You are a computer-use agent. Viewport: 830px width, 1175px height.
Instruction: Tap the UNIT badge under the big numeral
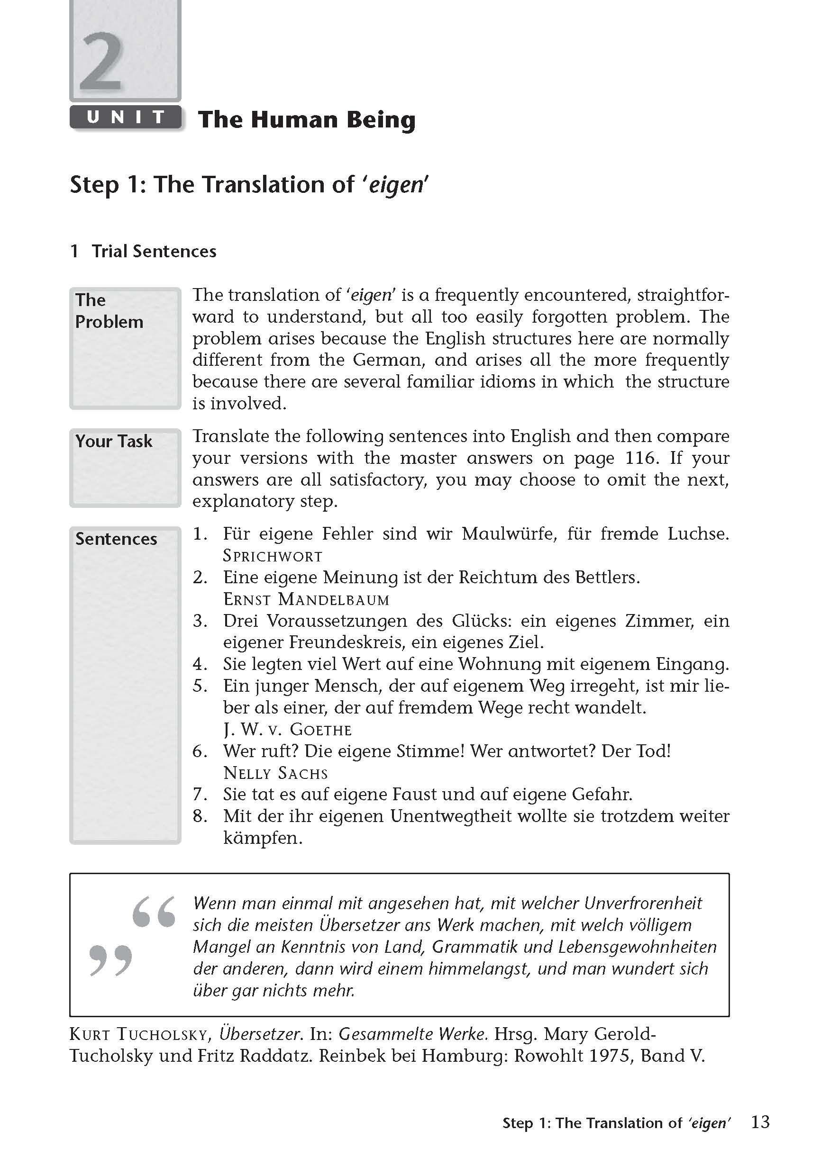[126, 117]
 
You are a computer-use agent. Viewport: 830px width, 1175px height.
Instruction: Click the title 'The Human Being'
[306, 120]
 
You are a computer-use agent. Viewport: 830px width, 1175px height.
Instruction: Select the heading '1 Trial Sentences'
[143, 251]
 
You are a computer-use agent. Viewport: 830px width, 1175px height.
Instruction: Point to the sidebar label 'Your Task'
[114, 441]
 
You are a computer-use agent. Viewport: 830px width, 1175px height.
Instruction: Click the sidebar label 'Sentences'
[116, 539]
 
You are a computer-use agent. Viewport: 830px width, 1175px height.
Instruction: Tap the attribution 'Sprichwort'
[273, 556]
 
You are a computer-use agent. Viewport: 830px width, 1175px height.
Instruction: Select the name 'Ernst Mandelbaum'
[306, 599]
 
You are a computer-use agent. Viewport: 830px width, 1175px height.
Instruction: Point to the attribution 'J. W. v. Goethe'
[287, 730]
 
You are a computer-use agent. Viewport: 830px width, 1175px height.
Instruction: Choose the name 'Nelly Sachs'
[275, 773]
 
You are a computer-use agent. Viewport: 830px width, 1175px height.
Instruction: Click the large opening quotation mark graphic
[154, 912]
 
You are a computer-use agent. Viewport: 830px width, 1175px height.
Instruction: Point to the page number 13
[760, 1122]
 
